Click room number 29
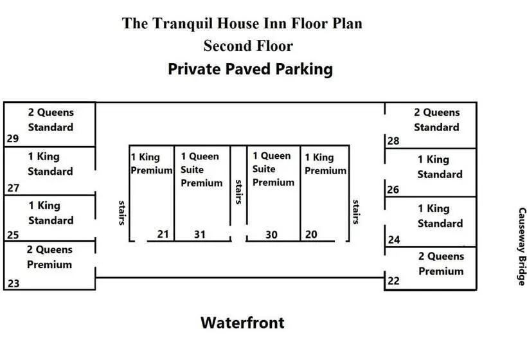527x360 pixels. (x=13, y=138)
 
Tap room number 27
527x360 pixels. (x=13, y=188)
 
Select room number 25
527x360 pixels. (x=13, y=235)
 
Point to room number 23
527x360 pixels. (x=13, y=283)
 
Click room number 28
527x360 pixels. (x=393, y=141)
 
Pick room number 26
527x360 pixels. (x=393, y=190)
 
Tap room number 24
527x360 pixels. (x=394, y=240)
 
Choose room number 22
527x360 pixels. (x=393, y=281)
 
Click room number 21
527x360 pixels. (x=163, y=234)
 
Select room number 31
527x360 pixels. (x=200, y=234)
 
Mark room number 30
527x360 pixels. (x=271, y=235)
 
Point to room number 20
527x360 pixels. (x=311, y=234)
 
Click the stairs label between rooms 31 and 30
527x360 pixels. (x=238, y=192)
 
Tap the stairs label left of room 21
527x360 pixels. (x=122, y=213)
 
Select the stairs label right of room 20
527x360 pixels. (x=356, y=212)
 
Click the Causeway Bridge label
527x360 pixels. (x=522, y=246)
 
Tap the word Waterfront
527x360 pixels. (x=242, y=323)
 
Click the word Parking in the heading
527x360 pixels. (x=304, y=69)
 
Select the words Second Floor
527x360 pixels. (x=248, y=46)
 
